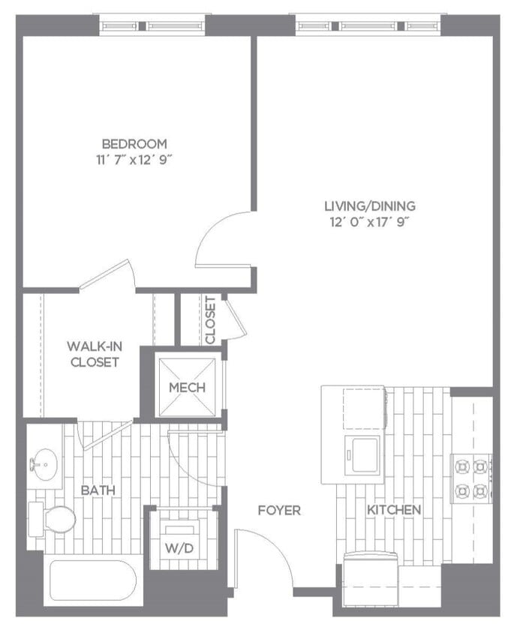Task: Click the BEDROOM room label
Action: click(134, 143)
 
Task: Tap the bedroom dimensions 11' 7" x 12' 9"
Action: click(134, 159)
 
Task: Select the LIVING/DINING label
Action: click(369, 205)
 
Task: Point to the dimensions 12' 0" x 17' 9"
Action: click(369, 221)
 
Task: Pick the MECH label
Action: click(187, 388)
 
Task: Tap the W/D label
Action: click(180, 548)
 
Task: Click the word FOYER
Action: click(279, 511)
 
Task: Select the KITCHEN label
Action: click(394, 510)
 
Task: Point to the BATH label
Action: click(98, 490)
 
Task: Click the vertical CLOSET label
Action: click(211, 320)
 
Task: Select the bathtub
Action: click(90, 582)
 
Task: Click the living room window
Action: click(372, 25)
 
